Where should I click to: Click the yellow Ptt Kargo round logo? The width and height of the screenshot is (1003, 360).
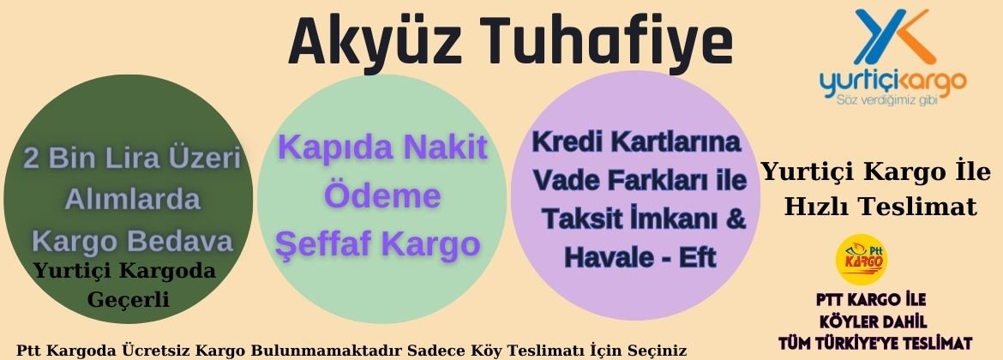[862, 259]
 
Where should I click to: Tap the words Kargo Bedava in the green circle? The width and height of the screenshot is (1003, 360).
[132, 242]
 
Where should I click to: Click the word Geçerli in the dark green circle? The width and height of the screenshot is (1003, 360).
[128, 298]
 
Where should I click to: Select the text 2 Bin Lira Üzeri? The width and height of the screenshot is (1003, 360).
[132, 158]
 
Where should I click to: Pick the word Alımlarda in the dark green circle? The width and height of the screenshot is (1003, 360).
[132, 200]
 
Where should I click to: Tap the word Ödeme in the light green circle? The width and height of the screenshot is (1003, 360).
[382, 195]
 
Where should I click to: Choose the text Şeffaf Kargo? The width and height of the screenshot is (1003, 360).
[377, 243]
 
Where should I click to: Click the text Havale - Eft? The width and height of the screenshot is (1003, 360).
[640, 257]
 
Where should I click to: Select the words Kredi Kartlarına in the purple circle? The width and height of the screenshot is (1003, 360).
[636, 142]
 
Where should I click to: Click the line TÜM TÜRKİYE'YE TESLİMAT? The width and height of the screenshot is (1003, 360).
[875, 344]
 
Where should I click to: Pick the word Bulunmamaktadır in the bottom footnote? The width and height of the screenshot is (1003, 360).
[327, 351]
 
